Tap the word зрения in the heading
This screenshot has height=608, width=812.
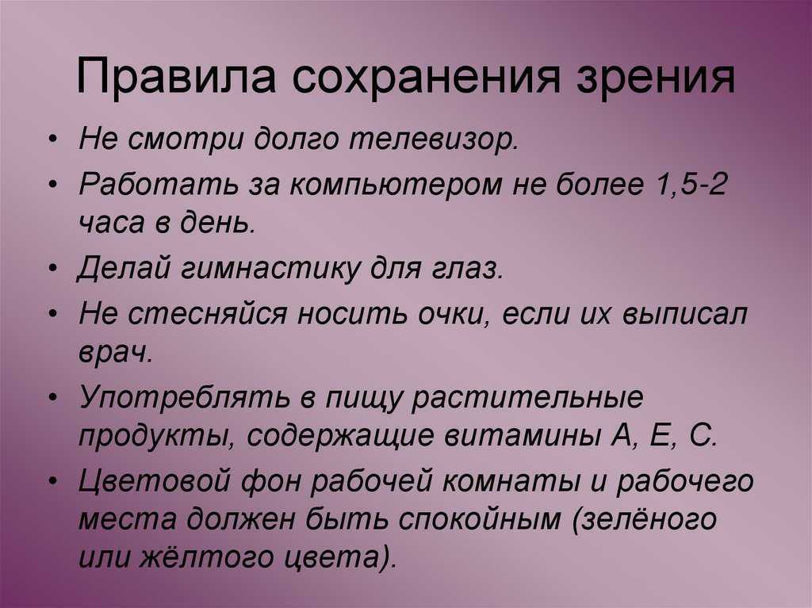click(655, 79)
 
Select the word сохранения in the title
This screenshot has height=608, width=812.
click(426, 78)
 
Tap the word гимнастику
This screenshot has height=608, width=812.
click(270, 270)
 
